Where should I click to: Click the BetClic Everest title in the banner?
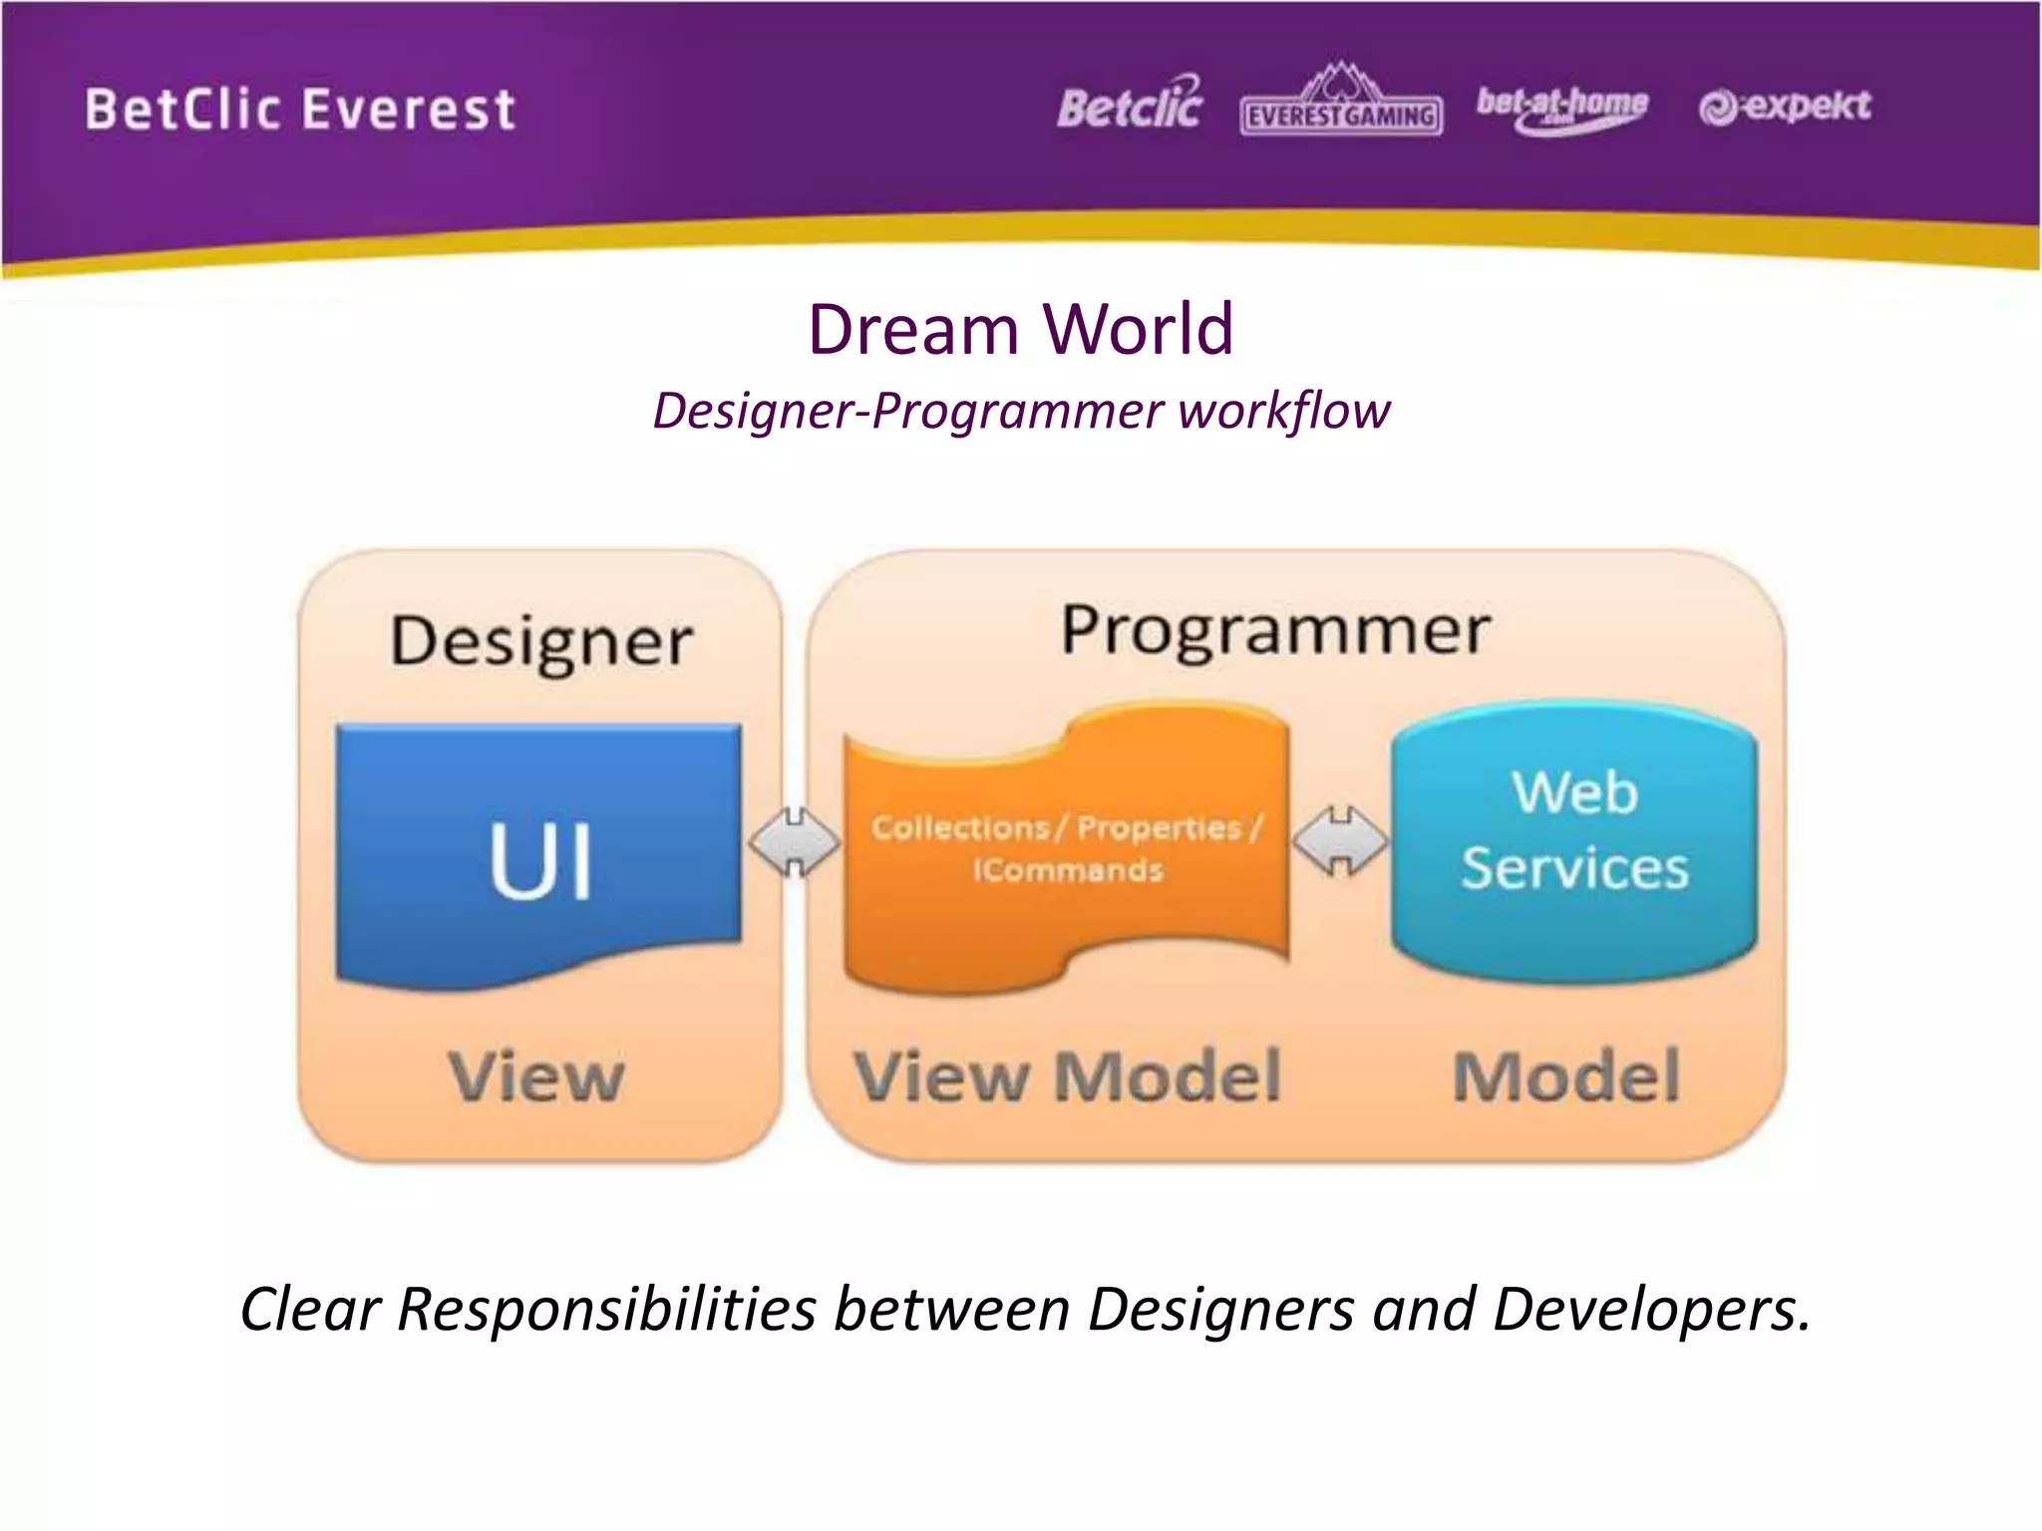[x=300, y=110]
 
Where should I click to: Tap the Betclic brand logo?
[x=1130, y=105]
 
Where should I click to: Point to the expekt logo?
[x=1785, y=106]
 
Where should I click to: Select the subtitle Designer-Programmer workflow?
[x=1020, y=411]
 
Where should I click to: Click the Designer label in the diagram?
[x=541, y=641]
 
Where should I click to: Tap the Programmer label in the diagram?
[x=1275, y=630]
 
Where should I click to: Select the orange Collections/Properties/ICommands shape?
[x=1066, y=847]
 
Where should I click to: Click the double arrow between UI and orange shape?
[x=795, y=842]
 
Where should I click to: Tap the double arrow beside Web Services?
[x=1340, y=842]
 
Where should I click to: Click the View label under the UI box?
[x=536, y=1076]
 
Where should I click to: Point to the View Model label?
[x=1067, y=1076]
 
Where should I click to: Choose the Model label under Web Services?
[x=1566, y=1076]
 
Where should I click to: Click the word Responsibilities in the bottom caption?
[x=606, y=1309]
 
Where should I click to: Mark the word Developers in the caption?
[x=1650, y=1309]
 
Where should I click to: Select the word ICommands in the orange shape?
[x=1068, y=870]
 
